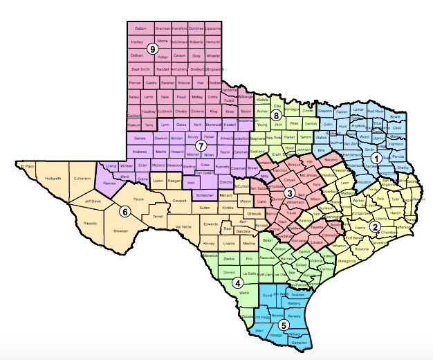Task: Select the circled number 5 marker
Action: pyautogui.click(x=282, y=325)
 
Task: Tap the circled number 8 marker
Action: pyautogui.click(x=276, y=115)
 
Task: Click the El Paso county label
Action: pyautogui.click(x=27, y=167)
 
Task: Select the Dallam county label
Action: pyautogui.click(x=141, y=28)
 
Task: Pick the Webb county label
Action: pyautogui.click(x=243, y=293)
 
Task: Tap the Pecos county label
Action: pyautogui.click(x=138, y=199)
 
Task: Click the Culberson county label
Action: pyautogui.click(x=82, y=178)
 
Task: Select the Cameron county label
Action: pyautogui.click(x=299, y=343)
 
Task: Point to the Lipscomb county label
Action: pyautogui.click(x=214, y=28)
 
